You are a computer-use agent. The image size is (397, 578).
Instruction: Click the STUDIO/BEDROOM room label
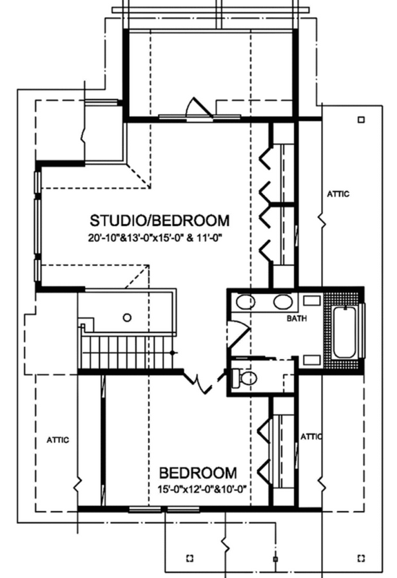[x=159, y=221]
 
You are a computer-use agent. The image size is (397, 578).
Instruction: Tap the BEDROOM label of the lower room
[x=198, y=474]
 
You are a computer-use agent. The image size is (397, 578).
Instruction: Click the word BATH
[x=297, y=319]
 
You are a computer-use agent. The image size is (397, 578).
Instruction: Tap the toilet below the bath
[x=245, y=377]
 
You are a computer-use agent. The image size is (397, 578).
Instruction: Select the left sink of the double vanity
[x=245, y=301]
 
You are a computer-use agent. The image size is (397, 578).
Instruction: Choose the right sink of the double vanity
[x=282, y=301]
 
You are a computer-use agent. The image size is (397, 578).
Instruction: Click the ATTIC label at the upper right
[x=338, y=194]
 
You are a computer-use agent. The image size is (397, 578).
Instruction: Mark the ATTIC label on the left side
[x=58, y=440]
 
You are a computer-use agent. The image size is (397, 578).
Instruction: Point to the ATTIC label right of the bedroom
[x=311, y=436]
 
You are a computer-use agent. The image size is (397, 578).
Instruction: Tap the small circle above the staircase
[x=126, y=318]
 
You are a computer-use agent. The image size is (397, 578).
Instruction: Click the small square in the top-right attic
[x=360, y=120]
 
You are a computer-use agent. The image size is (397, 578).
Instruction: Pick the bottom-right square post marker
[x=360, y=557]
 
